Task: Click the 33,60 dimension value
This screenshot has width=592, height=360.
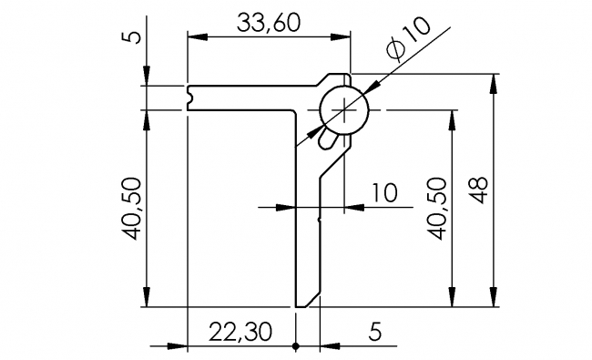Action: pyautogui.click(x=269, y=23)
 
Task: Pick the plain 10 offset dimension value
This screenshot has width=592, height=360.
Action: pyautogui.click(x=384, y=193)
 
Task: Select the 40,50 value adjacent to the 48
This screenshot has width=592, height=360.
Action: pyautogui.click(x=439, y=209)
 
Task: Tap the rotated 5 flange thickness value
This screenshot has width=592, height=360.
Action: pyautogui.click(x=133, y=37)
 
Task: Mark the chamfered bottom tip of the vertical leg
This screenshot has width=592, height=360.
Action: pyautogui.click(x=310, y=301)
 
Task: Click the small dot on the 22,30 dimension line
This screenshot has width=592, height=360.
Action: pyautogui.click(x=296, y=346)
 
